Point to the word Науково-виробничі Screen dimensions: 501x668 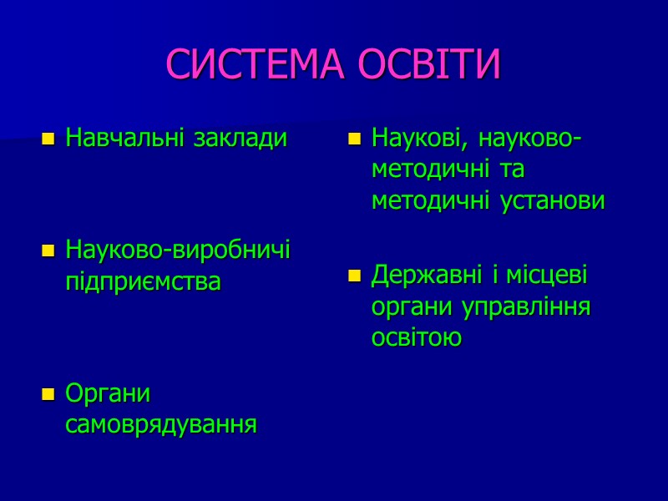tap(178, 250)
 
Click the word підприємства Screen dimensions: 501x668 tap(143, 281)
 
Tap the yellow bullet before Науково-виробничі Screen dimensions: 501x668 tap(48, 250)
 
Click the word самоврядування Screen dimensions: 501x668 tap(161, 425)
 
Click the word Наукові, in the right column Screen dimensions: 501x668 tap(423, 138)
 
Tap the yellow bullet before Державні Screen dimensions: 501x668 tap(354, 276)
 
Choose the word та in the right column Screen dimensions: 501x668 tap(511, 170)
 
